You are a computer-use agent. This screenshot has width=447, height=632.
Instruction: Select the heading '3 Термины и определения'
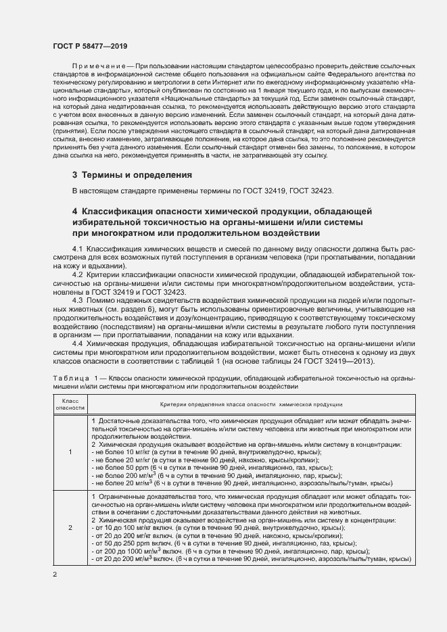pos(132,175)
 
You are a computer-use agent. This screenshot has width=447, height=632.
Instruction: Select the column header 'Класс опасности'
pos(70,405)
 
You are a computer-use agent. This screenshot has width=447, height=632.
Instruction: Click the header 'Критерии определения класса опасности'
pos(250,404)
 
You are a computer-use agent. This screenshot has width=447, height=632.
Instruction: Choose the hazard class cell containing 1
pos(70,453)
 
